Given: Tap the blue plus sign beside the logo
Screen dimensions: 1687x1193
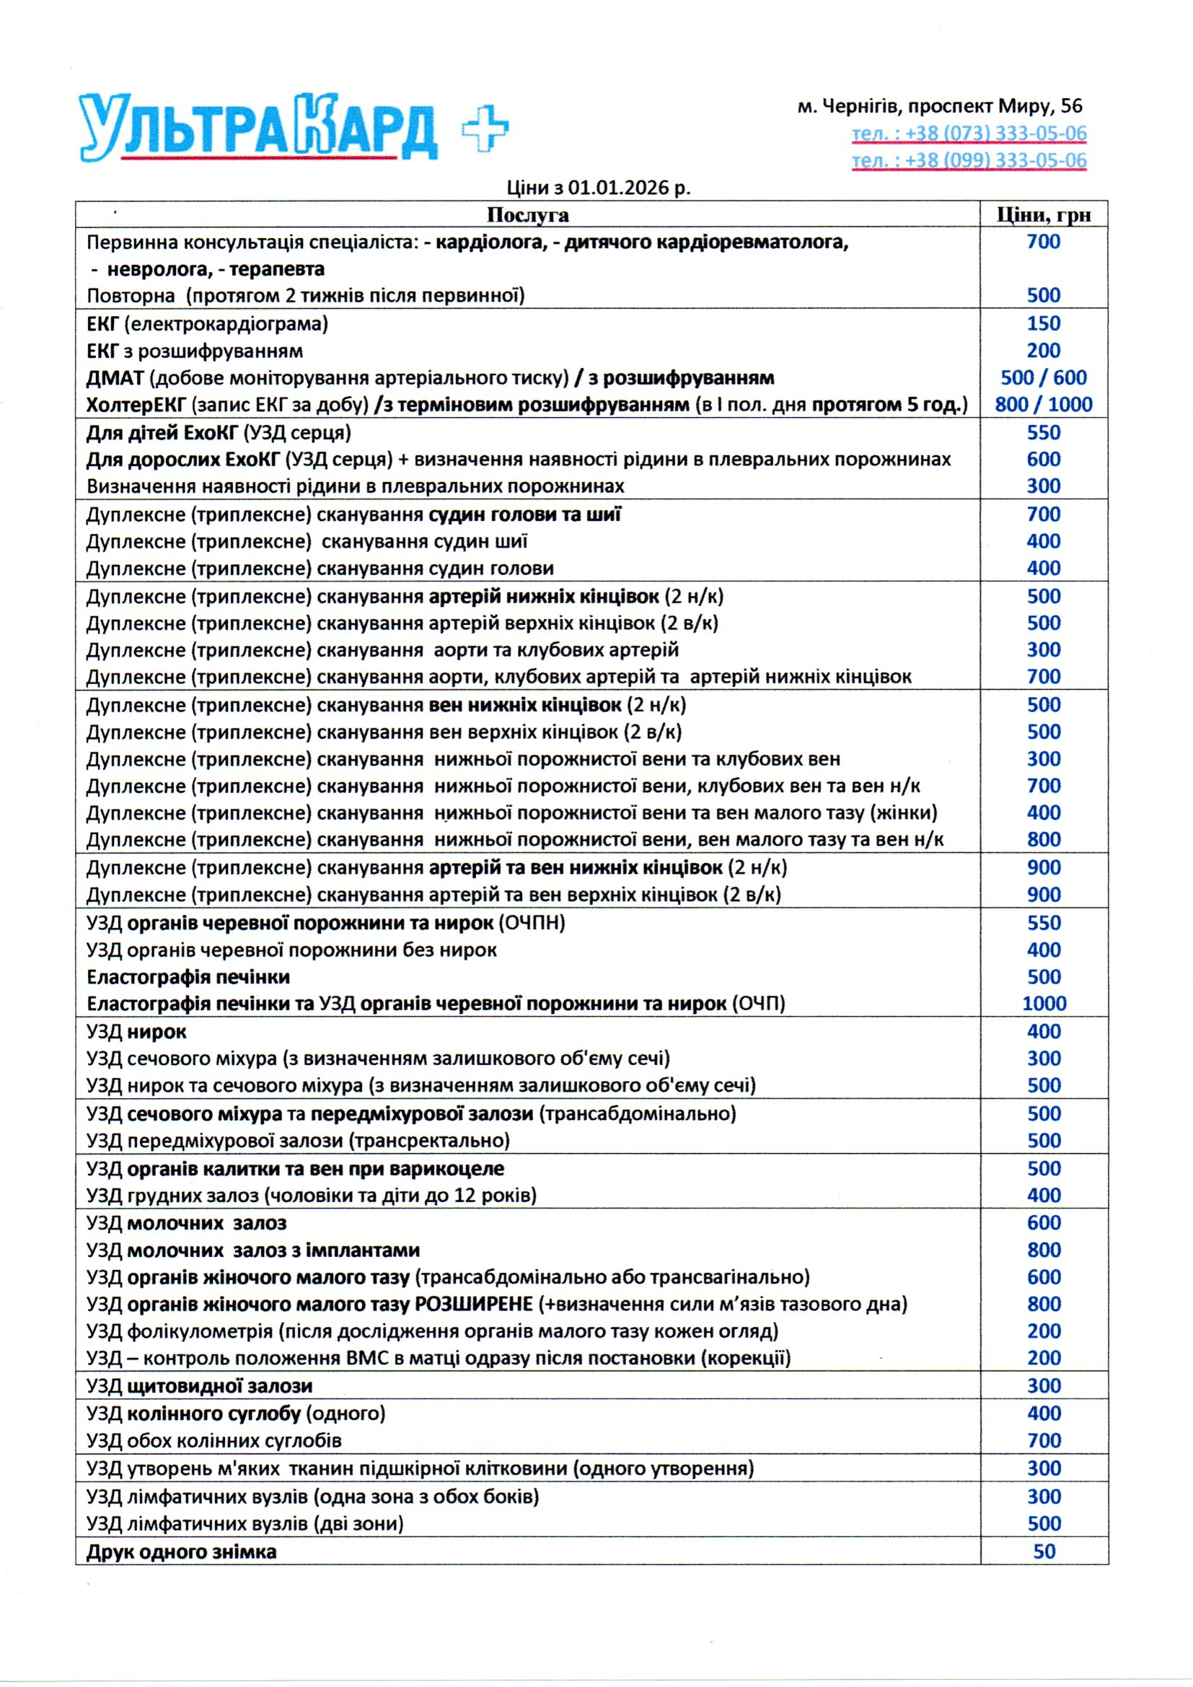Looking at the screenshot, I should click(485, 127).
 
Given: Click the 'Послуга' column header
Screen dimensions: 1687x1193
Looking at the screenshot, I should click(527, 214).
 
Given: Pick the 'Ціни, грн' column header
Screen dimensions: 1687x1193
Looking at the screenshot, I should click(1043, 214).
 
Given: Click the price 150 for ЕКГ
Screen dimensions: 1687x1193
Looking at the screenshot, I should click(1043, 323).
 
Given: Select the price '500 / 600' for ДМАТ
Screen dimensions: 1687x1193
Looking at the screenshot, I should click(1043, 377).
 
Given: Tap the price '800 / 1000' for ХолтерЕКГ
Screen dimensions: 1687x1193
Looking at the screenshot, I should click(1043, 405).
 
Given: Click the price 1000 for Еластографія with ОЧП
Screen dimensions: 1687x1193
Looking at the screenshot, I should click(1044, 1004).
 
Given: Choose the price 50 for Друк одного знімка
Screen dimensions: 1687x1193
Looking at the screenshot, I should click(1044, 1551).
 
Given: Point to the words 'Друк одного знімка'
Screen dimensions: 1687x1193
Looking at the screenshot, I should click(182, 1552).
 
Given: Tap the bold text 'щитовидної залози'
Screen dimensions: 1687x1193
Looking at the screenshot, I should click(220, 1385).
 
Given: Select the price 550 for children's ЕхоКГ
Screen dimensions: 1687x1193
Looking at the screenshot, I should click(1043, 433).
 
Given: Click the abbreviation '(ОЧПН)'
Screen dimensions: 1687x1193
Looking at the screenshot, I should click(532, 923).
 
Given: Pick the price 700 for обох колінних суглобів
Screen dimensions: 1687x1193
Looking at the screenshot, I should click(1044, 1440).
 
